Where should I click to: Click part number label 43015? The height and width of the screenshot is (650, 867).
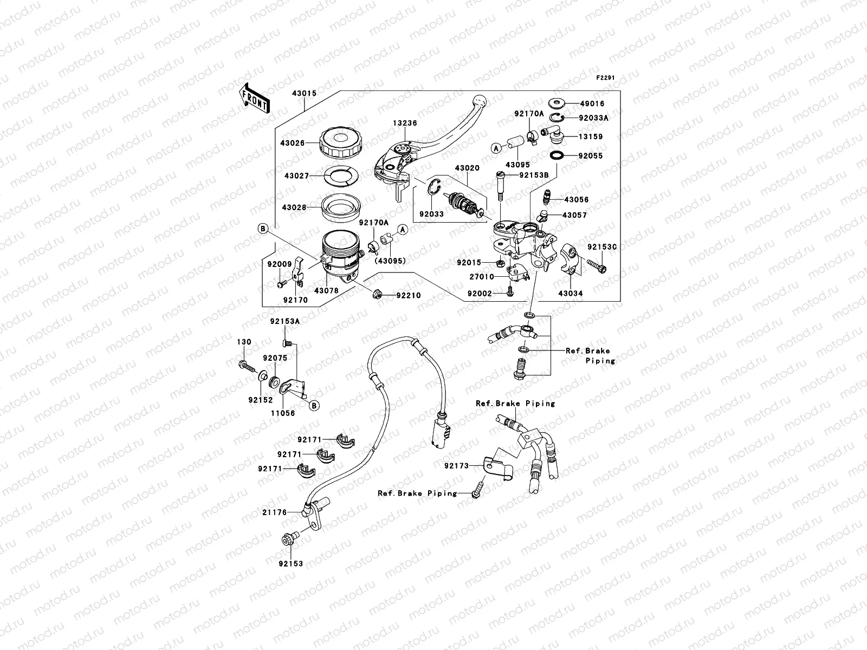(x=304, y=93)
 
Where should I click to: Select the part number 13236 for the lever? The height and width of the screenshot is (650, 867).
(x=405, y=123)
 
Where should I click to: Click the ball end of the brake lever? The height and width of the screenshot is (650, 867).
(x=478, y=101)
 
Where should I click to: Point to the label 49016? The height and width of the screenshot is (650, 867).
(x=592, y=103)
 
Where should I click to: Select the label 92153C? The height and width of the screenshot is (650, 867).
(x=602, y=247)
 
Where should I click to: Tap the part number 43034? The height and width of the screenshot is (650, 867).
(x=572, y=294)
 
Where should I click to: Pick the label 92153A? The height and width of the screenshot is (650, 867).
(x=284, y=321)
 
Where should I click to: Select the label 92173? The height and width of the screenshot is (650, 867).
(x=456, y=466)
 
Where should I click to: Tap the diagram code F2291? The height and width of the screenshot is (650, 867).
(x=606, y=78)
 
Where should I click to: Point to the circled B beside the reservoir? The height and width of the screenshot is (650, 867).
(x=263, y=230)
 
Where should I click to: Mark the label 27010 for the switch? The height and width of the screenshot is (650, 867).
(x=482, y=277)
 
